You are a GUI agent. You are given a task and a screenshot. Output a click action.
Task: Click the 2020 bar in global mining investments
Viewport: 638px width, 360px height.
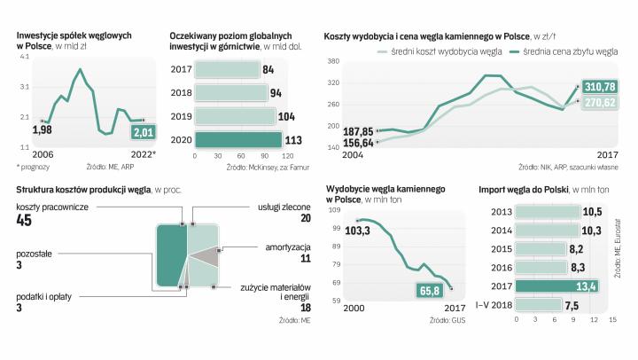coord(237,139)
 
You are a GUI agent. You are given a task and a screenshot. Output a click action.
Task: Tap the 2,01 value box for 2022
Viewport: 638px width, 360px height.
coord(144,132)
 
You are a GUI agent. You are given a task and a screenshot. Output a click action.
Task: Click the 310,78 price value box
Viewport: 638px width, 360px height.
coord(599,86)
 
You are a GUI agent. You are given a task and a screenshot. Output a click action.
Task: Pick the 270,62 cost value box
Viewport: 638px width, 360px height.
coord(599,102)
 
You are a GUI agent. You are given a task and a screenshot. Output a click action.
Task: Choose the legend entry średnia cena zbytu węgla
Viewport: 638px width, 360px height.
coord(562,52)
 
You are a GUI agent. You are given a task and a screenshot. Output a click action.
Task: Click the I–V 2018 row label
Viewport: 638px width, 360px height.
coord(494,305)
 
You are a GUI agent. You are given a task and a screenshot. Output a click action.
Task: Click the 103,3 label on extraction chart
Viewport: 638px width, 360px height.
coord(357,230)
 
